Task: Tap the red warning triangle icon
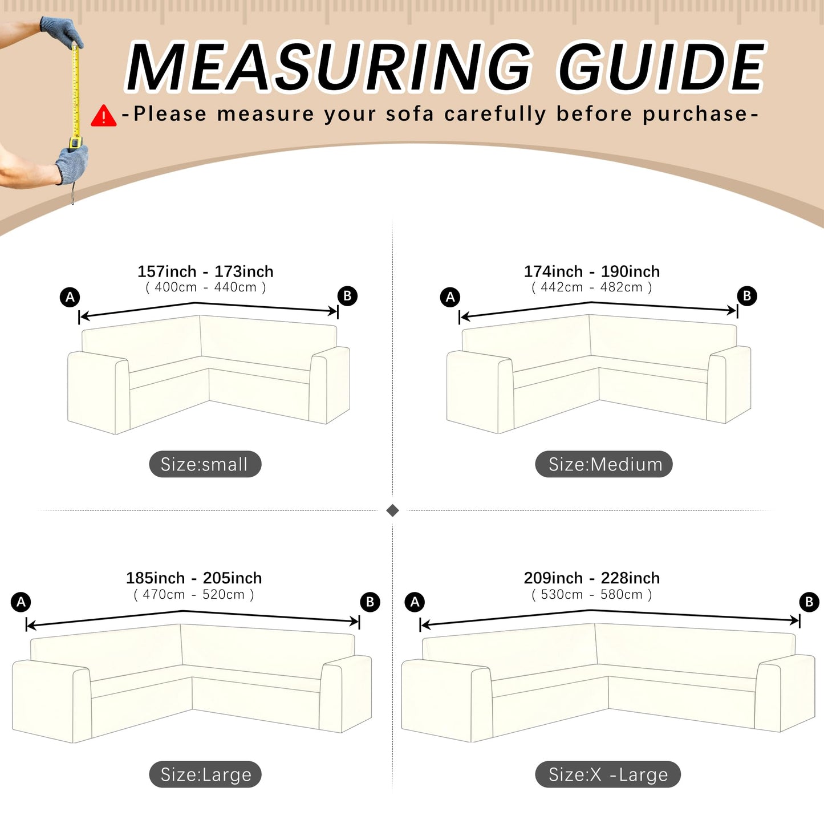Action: pyautogui.click(x=103, y=116)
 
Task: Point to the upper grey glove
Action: pyautogui.click(x=62, y=31)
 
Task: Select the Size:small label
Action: pyautogui.click(x=205, y=464)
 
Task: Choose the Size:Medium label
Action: pyautogui.click(x=604, y=464)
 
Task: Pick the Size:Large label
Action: pyautogui.click(x=205, y=775)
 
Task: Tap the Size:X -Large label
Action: pyautogui.click(x=608, y=775)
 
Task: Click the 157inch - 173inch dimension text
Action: pyautogui.click(x=205, y=271)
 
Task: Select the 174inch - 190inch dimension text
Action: pyautogui.click(x=592, y=271)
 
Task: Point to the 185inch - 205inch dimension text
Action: pyautogui.click(x=194, y=578)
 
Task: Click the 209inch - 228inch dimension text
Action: pyautogui.click(x=592, y=578)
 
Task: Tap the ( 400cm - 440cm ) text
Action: pyautogui.click(x=206, y=287)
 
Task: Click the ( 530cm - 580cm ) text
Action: pyautogui.click(x=592, y=595)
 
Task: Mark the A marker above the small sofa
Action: pyautogui.click(x=70, y=297)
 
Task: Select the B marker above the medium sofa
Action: pyautogui.click(x=747, y=296)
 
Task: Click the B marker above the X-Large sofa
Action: pyautogui.click(x=810, y=602)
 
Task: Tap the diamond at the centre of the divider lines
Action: pyautogui.click(x=392, y=510)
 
